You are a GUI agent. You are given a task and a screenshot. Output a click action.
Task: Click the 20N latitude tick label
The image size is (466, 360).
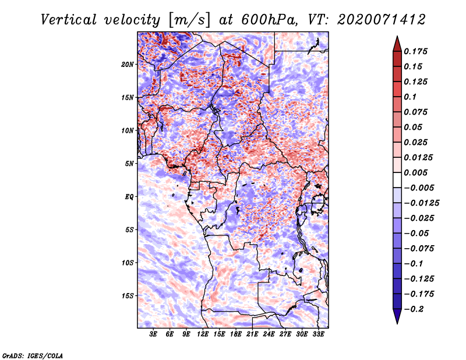point(127,65)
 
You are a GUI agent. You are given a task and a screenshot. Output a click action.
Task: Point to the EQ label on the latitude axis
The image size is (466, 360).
point(129,197)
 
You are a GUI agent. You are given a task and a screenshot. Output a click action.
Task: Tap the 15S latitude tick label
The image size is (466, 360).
point(127,296)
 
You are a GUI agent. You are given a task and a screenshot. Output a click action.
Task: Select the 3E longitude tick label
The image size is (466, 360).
point(153,334)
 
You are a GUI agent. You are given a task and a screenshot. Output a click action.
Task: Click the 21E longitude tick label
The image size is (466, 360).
point(252,334)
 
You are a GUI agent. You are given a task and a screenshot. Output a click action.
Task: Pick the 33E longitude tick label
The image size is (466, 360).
point(318,334)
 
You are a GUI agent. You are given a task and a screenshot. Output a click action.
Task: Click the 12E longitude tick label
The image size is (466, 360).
point(202,334)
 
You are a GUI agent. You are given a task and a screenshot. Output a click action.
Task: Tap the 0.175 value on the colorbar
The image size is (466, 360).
point(415,51)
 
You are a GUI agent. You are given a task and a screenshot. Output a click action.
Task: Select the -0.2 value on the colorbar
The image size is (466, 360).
point(414,309)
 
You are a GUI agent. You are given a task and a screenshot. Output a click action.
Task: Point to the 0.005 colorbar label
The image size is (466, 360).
point(415,172)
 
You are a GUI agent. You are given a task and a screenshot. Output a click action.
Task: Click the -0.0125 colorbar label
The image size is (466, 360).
point(421,203)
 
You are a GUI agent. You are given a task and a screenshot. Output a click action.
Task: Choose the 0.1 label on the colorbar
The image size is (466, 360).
point(410,97)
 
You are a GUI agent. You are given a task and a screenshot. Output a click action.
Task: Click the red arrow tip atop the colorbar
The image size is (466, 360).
point(397,37)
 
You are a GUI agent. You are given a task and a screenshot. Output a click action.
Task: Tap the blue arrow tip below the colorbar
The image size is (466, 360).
point(397,323)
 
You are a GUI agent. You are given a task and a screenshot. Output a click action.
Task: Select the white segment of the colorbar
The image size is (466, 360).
point(397,180)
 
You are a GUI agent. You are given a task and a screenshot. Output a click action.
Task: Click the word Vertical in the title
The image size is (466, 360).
point(69,20)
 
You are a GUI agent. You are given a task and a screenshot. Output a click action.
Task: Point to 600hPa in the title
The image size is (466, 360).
point(269,20)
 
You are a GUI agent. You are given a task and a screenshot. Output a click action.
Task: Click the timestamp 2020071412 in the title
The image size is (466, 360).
point(382,20)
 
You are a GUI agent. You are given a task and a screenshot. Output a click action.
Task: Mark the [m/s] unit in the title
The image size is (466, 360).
point(190,20)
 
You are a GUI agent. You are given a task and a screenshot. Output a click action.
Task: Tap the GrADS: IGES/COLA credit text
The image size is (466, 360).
point(33,356)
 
